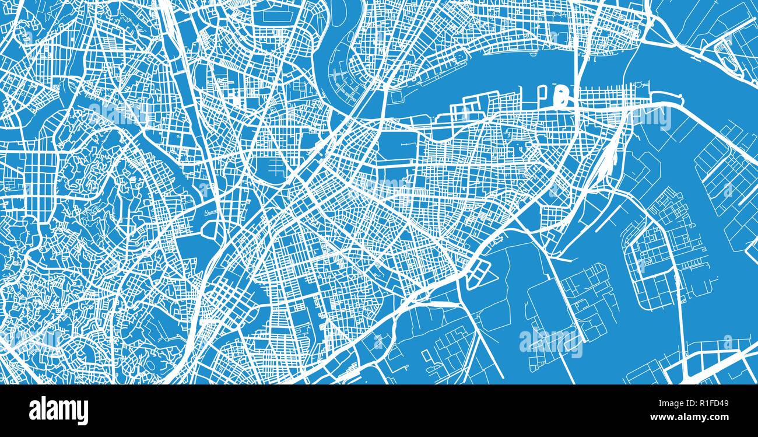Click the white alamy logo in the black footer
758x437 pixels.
(58, 411)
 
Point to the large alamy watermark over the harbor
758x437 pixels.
(550, 343)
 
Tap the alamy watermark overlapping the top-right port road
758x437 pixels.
(647, 117)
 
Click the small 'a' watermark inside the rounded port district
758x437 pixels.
(641, 265)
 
